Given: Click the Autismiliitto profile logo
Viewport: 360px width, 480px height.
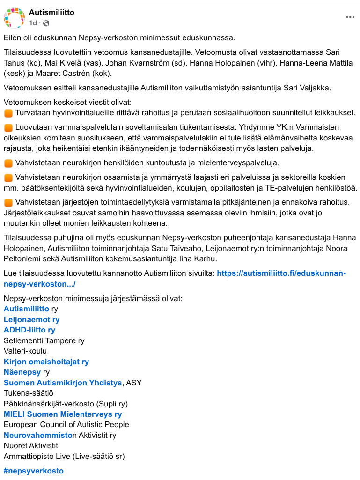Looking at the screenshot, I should tap(14, 18).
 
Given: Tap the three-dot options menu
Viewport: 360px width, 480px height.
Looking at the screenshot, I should tap(350, 17).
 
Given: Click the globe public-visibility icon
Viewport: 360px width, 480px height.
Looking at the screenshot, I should tap(46, 23).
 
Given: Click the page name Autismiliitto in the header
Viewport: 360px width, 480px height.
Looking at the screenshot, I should tap(51, 13).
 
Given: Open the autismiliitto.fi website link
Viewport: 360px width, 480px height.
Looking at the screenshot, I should tap(281, 273).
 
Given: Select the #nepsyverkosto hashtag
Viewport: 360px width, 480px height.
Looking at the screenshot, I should tap(33, 471).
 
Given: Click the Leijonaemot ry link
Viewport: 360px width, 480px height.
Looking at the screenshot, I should tap(31, 319).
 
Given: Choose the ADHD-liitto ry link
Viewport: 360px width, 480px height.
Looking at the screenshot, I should tap(29, 330).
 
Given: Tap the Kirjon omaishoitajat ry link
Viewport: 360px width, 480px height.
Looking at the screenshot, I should tap(46, 362).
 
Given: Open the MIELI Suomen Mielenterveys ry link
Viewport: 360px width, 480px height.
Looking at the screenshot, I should tap(62, 414).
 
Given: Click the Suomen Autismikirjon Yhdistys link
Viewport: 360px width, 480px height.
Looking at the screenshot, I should tap(63, 383).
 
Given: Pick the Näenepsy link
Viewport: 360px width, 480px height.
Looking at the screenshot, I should tap(22, 372).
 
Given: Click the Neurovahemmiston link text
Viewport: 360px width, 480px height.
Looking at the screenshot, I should tap(40, 435).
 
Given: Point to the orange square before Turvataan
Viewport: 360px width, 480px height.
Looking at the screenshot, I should tap(8, 113).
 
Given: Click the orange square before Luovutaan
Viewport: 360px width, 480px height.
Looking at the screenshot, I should tap(8, 127).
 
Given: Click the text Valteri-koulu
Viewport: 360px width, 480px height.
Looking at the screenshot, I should tap(25, 351).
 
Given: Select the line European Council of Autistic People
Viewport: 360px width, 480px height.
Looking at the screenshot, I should tap(66, 424).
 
